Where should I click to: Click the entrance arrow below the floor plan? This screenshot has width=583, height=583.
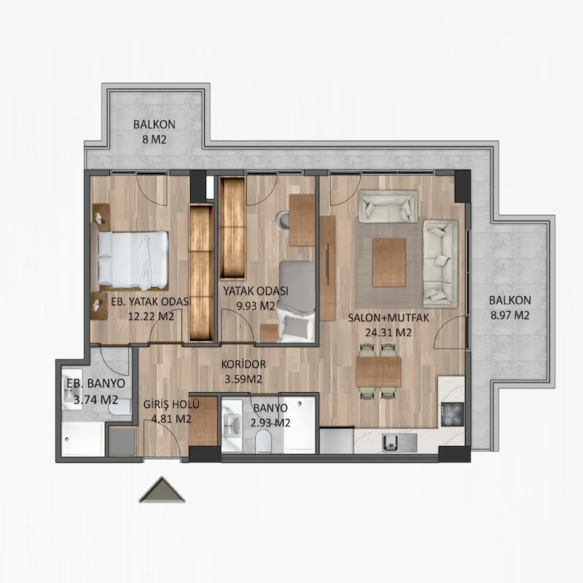(x=162, y=490)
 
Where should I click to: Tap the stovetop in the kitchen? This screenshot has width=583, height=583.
(x=453, y=414)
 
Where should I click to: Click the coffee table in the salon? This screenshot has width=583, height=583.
(x=389, y=262)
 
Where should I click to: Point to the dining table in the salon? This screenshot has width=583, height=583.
(x=378, y=372)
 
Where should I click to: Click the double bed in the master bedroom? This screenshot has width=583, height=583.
(x=133, y=260)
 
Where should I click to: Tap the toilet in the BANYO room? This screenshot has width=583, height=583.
(x=265, y=441)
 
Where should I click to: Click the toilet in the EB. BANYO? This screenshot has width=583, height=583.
(x=120, y=408)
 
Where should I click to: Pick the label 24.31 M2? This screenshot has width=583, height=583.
(x=388, y=332)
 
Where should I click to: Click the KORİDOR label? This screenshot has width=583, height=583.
(x=243, y=364)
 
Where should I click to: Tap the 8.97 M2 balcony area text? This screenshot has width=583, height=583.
(x=509, y=316)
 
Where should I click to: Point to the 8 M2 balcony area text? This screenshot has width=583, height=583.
(x=154, y=139)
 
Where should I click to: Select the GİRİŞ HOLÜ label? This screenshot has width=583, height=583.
(x=171, y=404)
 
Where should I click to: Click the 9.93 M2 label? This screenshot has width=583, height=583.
(x=256, y=306)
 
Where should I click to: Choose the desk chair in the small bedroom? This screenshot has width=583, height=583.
(x=283, y=220)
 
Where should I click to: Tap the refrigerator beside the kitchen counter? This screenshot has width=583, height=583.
(x=337, y=440)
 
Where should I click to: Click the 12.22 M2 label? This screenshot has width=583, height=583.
(x=151, y=316)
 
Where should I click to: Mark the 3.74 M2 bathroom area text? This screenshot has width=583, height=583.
(x=96, y=399)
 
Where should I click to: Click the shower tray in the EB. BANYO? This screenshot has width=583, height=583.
(x=83, y=439)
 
